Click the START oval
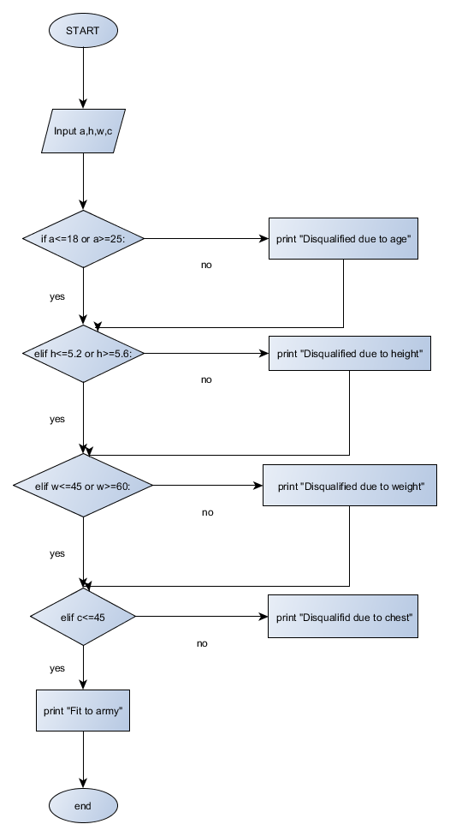(83, 31)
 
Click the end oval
(83, 806)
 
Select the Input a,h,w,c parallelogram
(83, 132)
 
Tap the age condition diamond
(83, 239)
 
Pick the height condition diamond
(83, 353)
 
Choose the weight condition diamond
(83, 486)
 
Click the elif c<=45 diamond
(83, 617)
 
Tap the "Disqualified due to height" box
(349, 353)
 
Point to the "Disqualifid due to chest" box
(343, 617)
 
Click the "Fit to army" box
(83, 711)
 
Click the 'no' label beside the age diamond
(206, 265)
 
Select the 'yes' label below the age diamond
(57, 296)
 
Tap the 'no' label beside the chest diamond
(202, 643)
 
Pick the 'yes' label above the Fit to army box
(57, 667)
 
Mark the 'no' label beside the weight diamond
(207, 512)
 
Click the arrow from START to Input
(83, 77)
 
